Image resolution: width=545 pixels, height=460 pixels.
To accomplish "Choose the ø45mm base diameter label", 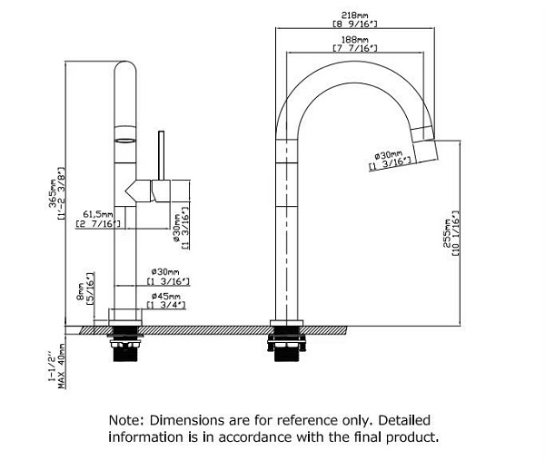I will click(163, 297).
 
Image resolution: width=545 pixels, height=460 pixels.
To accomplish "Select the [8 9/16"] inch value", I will click(355, 24).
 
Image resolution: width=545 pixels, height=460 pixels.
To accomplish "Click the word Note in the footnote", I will click(125, 421).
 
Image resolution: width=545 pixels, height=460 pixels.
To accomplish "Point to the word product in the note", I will click(413, 437).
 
